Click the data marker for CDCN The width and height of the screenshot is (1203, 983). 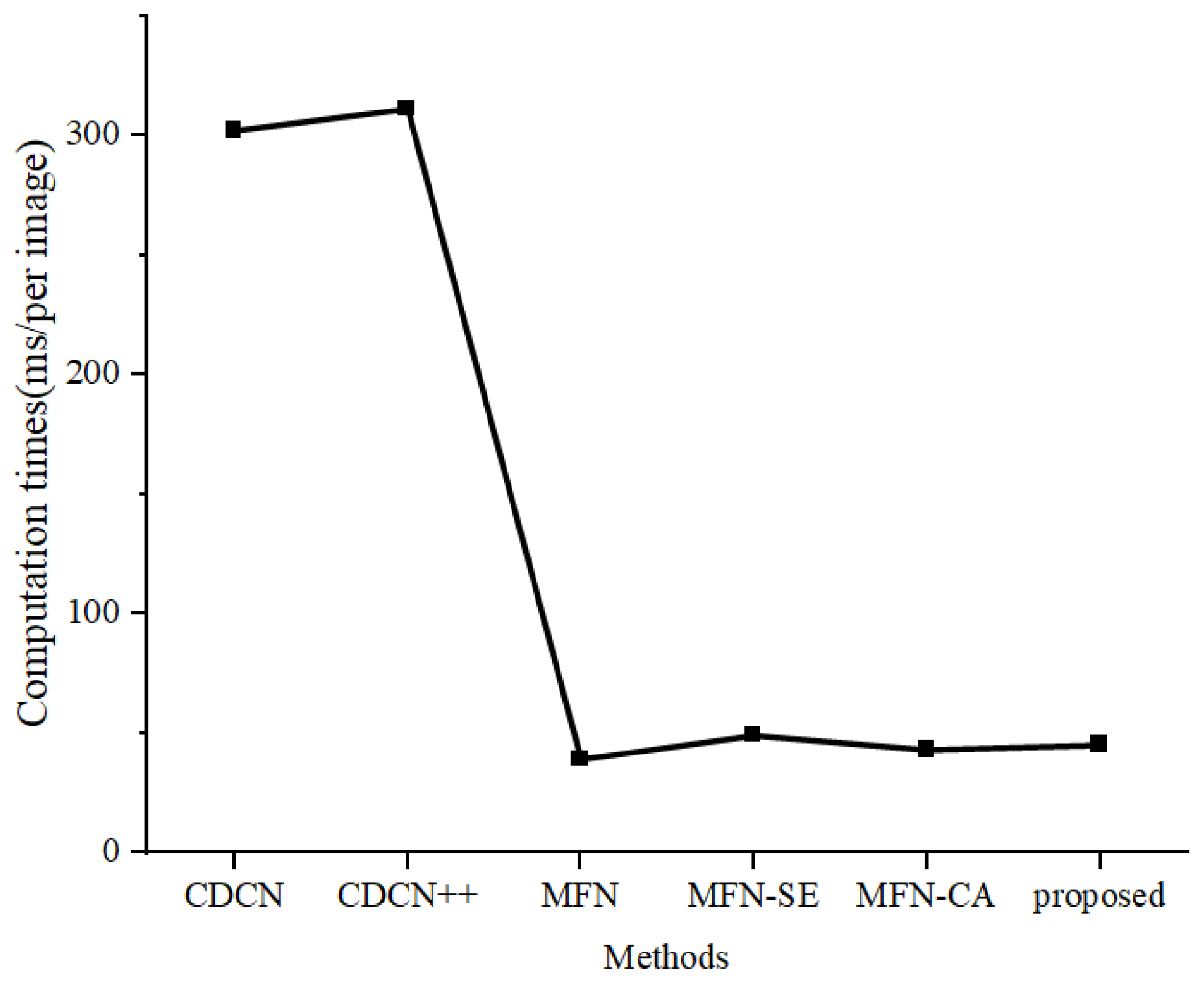233,130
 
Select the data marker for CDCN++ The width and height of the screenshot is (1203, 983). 406,109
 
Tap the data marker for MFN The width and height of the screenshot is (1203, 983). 579,758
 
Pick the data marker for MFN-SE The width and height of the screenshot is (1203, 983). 752,734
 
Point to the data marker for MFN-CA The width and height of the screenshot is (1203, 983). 926,749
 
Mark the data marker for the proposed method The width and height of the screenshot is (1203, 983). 1099,743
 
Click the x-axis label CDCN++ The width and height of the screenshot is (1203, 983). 408,896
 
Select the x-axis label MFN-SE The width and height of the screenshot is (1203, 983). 753,896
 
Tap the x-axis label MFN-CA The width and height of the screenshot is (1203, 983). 925,896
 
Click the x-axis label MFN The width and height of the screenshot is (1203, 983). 579,896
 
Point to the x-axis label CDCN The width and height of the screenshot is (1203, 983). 234,896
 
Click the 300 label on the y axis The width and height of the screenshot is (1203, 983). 92,134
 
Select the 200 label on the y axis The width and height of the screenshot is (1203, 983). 92,373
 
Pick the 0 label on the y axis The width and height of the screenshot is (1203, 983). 111,852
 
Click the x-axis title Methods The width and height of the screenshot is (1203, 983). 665,958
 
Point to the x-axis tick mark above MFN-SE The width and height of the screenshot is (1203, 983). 752,859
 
